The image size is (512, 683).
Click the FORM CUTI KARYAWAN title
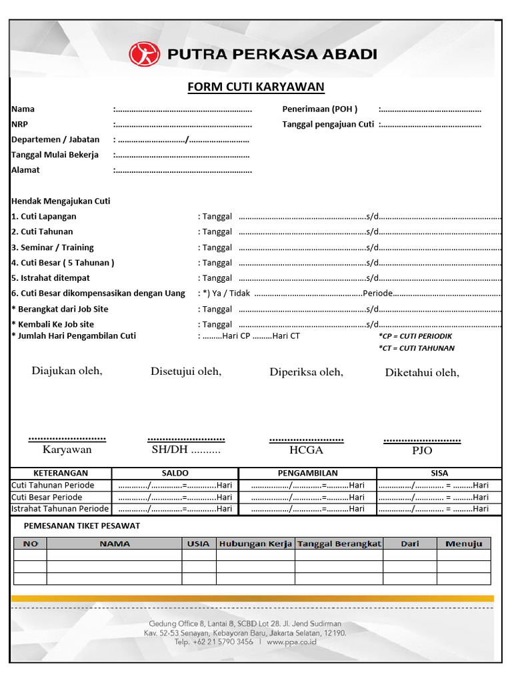coord(255,87)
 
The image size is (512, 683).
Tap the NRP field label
coord(19,124)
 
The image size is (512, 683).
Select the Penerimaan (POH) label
coord(320,109)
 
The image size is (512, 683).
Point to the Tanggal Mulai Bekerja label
coord(55,155)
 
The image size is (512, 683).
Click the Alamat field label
coord(25,170)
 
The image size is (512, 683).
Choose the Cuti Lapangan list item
coord(44,216)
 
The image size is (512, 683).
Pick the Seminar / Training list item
coord(53,247)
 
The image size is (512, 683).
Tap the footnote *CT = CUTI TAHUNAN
coord(416,348)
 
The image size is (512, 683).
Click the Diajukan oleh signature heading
coord(67,371)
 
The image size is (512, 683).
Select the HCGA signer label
coord(306,450)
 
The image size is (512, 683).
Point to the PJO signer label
coord(422,451)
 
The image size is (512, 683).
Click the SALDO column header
coord(175,473)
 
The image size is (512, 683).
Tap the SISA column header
coord(439,473)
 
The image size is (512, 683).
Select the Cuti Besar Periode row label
coord(47,497)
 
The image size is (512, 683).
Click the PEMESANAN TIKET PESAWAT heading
coord(82,526)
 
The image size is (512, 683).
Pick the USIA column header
coord(198,544)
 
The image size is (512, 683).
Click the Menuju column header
coord(463,544)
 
